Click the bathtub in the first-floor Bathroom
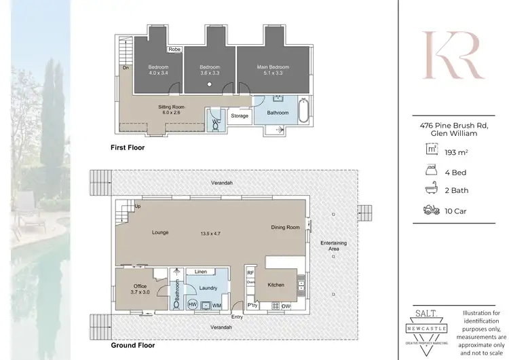point(303,112)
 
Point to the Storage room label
point(240,116)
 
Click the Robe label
point(174,50)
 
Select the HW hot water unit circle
point(193,305)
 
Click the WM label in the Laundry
point(216,306)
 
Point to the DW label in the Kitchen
point(286,306)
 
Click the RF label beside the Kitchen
point(250,272)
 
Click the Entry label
point(238,317)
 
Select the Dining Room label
point(285,228)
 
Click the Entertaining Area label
point(330,246)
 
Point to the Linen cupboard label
point(201,272)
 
